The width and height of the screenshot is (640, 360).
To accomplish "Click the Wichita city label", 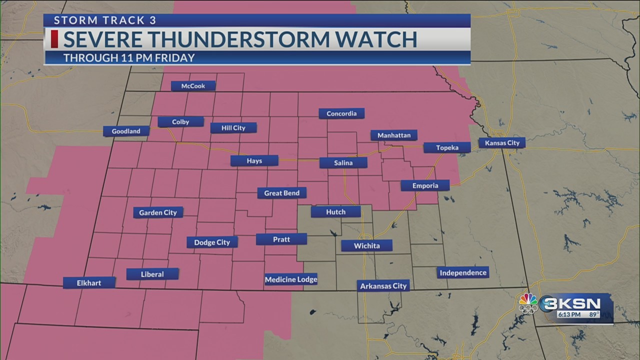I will click(366, 245).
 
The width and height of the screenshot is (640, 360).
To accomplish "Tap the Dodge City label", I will click(212, 242).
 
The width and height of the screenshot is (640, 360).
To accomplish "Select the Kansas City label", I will click(502, 143).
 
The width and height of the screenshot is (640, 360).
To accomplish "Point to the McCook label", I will click(193, 86).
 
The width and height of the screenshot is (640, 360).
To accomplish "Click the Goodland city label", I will click(126, 131).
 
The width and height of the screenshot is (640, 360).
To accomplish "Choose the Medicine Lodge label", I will click(290, 279).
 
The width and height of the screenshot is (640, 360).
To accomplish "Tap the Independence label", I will click(462, 272).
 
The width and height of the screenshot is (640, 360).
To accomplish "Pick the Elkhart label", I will click(89, 283).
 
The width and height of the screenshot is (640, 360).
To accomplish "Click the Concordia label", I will click(341, 113).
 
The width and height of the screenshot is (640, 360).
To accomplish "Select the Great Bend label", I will click(281, 193).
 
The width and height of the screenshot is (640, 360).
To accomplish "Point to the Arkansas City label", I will click(383, 285).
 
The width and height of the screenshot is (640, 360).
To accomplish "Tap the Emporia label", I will click(425, 185).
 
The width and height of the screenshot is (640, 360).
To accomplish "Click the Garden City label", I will click(158, 212).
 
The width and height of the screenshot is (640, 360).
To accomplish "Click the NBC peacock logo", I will click(528, 303).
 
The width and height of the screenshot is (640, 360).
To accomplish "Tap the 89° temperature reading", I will click(594, 314).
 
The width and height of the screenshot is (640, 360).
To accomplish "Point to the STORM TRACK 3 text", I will click(105, 20).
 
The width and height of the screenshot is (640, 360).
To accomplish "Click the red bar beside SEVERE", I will click(54, 39).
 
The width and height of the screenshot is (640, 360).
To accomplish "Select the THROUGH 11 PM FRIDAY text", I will click(129, 58).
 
